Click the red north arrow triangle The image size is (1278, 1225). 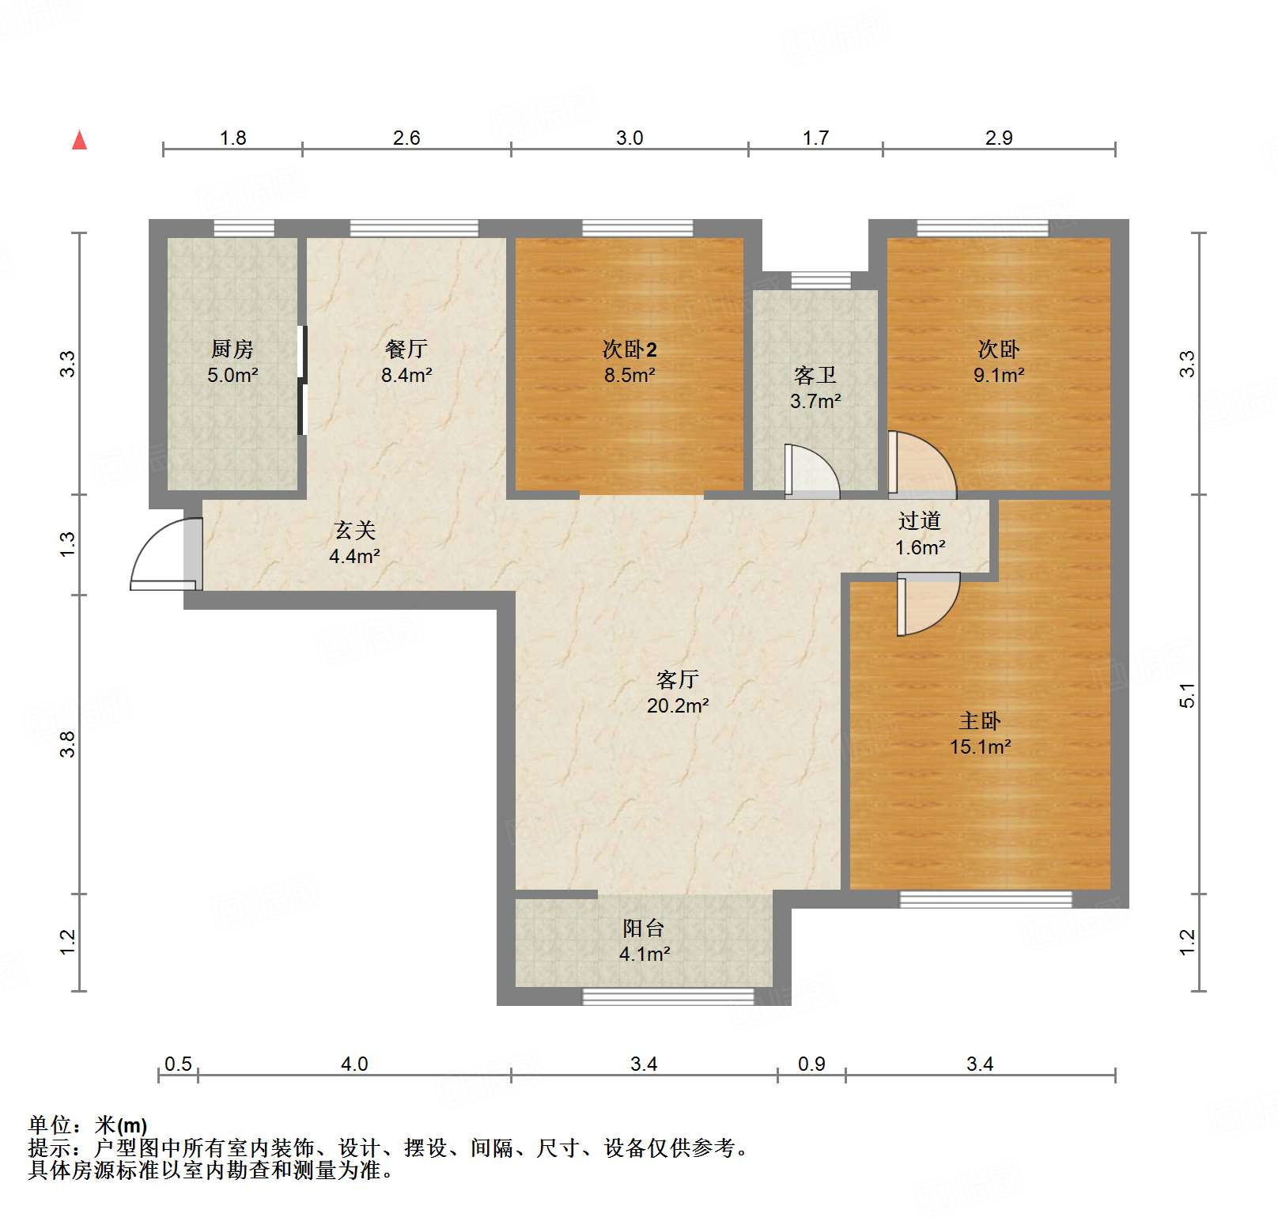pos(79,140)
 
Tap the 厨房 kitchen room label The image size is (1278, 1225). pos(233,349)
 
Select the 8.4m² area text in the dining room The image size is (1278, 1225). pos(406,375)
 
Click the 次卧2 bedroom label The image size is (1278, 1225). pos(630,349)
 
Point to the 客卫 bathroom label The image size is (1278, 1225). pos(815,375)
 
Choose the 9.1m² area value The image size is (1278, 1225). pos(999,375)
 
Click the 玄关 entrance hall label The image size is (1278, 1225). pos(354,530)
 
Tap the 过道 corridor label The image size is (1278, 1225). pos(920,521)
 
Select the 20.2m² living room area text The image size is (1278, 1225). pos(678,705)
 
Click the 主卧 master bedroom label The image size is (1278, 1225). pos(980,721)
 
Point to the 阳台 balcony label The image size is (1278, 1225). pos(644,928)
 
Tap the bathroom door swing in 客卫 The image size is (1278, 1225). pos(812,472)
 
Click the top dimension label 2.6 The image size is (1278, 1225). pos(406,138)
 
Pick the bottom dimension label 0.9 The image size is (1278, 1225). pos(811,1064)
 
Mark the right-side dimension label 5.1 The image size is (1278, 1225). pos(1187,694)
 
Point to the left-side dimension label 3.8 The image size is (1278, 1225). pos(67,744)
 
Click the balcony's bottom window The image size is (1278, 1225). pos(668,996)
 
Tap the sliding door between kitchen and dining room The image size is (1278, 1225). pos(301,380)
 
